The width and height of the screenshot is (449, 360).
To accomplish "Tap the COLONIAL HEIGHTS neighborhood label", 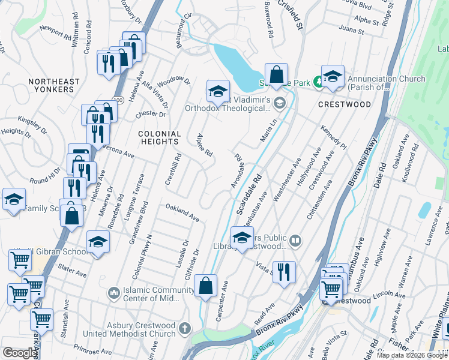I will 160,137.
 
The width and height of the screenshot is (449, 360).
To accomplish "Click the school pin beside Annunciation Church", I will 333,76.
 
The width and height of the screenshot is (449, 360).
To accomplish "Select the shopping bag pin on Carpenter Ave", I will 205,286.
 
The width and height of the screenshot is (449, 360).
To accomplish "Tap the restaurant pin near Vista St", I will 284,271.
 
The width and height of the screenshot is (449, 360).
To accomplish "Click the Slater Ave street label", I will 73,272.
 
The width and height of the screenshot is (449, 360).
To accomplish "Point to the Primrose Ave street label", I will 89,347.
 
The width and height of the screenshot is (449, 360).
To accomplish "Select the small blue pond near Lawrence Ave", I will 425,209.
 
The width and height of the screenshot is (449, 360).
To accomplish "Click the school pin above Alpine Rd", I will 218,91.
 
